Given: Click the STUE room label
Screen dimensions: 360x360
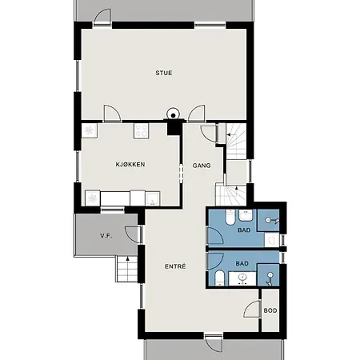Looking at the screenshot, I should (163, 74).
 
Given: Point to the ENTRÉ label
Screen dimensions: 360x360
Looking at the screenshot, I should (175, 266).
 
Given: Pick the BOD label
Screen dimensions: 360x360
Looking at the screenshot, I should (271, 310).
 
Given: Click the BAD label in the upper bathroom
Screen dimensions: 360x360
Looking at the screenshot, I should (244, 230).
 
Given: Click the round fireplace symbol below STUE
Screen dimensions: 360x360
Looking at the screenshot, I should (173, 114).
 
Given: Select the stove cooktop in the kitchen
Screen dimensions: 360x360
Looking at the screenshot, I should (142, 129).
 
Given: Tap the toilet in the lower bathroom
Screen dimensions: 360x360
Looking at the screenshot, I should (219, 278).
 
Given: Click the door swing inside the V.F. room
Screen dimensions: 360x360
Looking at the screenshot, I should (134, 234).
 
